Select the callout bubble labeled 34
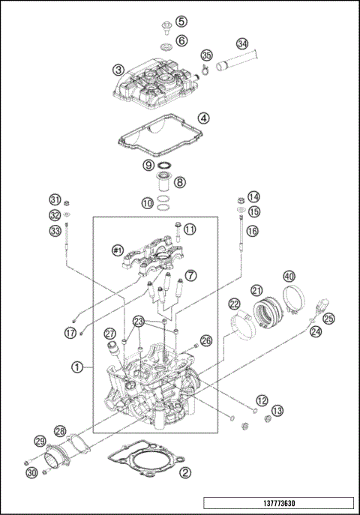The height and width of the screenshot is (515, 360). (241, 43)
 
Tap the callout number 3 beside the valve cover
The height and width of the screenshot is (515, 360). (118, 70)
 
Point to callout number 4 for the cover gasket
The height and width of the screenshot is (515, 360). (204, 118)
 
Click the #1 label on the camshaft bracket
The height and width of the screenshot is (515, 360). (117, 250)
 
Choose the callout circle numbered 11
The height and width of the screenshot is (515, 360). (190, 229)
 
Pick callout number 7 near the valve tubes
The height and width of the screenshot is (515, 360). (191, 276)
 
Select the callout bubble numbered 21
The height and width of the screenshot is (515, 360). (256, 290)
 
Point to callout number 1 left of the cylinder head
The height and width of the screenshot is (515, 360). (76, 367)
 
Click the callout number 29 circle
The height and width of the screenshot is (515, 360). (40, 441)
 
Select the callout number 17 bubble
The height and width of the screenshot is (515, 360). (70, 332)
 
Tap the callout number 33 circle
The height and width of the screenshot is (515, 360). (55, 232)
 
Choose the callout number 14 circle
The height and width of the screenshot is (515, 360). (253, 197)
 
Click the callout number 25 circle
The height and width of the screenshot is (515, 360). (329, 318)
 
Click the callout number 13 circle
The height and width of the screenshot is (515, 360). (277, 411)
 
